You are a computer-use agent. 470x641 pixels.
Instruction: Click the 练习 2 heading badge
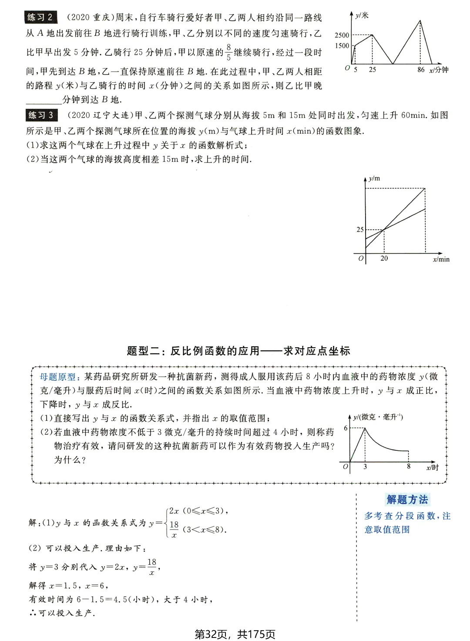(x=40, y=17)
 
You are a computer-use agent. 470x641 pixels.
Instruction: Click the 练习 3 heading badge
(x=41, y=115)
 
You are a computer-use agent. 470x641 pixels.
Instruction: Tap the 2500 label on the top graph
(x=342, y=35)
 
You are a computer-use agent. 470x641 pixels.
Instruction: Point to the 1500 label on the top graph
(x=342, y=46)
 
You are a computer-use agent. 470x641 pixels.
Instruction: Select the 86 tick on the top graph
(x=420, y=70)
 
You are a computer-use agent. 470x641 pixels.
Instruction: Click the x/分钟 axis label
(x=439, y=70)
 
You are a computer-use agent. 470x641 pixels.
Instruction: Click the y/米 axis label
(x=362, y=16)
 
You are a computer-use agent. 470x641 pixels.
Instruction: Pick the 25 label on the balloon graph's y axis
(x=360, y=229)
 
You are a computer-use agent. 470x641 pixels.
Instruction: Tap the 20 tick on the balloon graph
(x=384, y=258)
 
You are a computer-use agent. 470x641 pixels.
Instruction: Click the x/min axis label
(x=441, y=259)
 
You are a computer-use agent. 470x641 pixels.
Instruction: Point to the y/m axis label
(x=374, y=178)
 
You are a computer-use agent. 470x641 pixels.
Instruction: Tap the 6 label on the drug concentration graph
(x=346, y=428)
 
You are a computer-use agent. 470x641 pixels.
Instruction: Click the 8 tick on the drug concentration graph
(x=408, y=466)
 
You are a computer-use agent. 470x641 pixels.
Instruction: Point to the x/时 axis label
(x=432, y=467)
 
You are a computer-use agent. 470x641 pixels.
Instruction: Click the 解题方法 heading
(x=407, y=500)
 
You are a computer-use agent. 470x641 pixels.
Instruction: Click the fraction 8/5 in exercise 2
(x=228, y=52)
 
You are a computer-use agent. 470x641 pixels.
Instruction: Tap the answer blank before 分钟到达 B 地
(x=44, y=100)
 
